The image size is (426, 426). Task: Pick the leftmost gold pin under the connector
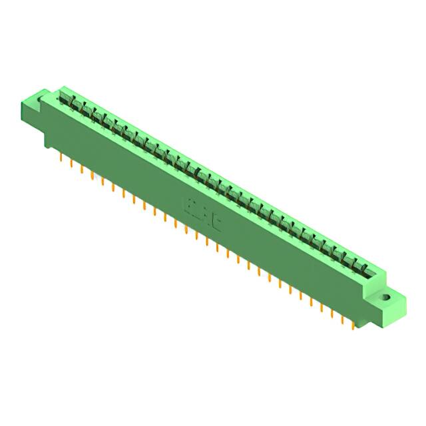click(x=62, y=158)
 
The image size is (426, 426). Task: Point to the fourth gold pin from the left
click(x=93, y=176)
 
